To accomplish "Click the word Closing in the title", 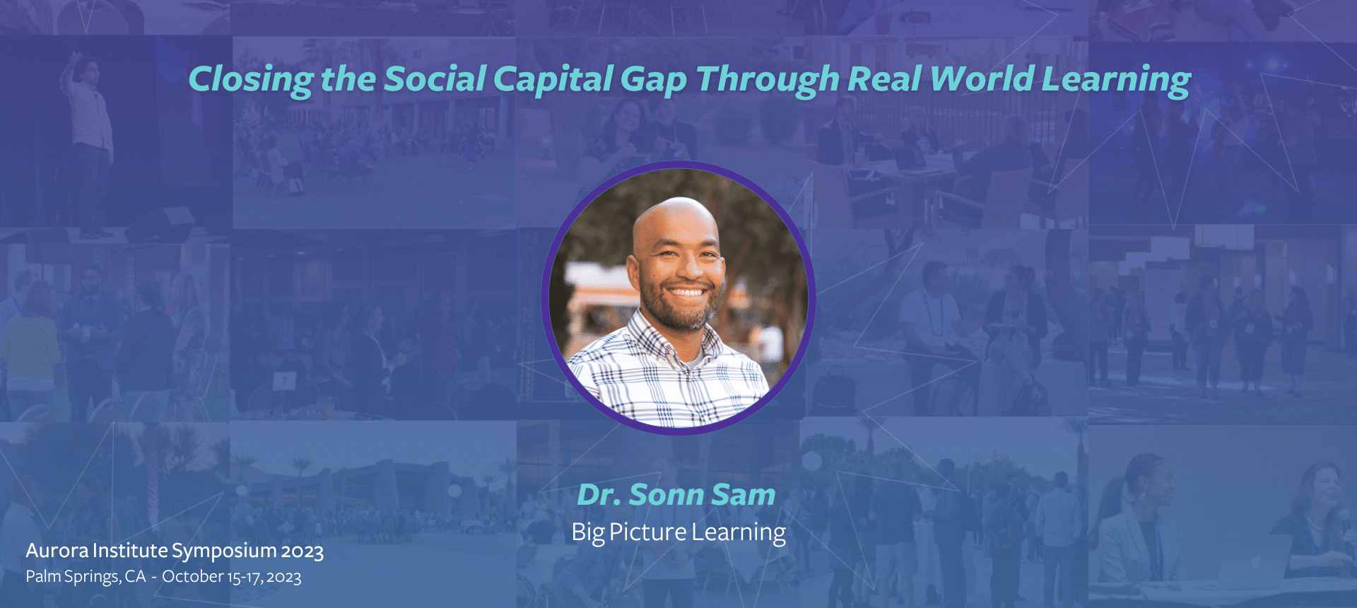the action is pos(251,79).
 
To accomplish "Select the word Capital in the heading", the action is pos(553,79).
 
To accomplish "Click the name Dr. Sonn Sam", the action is pos(676,494).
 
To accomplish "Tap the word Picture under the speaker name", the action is pos(648,532).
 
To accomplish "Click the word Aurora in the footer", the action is pos(57,550).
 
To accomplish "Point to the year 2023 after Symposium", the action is pos(302,551).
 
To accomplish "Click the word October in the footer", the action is pos(193,576).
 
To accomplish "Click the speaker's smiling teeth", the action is pos(686,291).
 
